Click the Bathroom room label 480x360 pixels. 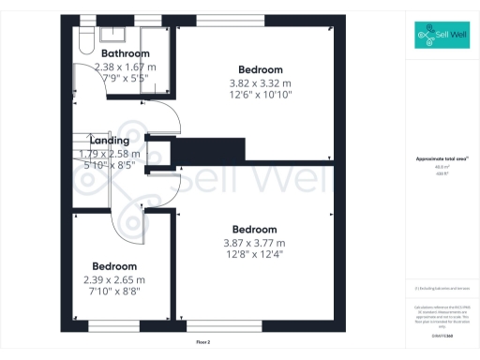click(125, 53)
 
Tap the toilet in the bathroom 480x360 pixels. click(83, 42)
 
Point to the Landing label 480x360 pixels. click(110, 142)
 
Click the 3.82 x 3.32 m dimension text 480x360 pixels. click(260, 82)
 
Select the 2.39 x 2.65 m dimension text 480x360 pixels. click(113, 279)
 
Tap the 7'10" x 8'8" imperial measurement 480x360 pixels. click(113, 292)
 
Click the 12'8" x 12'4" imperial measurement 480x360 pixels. click(254, 254)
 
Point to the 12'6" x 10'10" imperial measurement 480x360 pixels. click(260, 95)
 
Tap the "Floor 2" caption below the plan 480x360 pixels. click(203, 342)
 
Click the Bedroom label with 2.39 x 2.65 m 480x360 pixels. click(113, 266)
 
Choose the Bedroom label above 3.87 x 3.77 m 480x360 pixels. click(254, 230)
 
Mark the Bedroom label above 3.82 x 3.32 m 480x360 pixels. click(260, 69)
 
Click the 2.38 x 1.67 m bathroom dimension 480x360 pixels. click(125, 67)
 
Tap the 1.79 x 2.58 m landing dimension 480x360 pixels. click(110, 154)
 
